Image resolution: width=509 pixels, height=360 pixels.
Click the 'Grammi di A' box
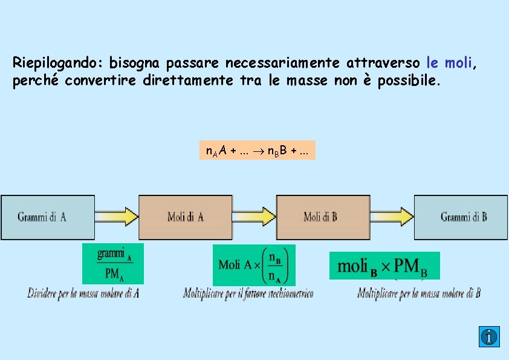pos(47,217)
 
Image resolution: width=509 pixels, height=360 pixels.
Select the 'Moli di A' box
pos(186,217)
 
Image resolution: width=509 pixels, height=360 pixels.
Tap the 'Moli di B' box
pos(322,217)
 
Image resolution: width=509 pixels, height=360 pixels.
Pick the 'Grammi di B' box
pos(461,217)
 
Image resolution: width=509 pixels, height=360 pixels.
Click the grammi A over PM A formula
pos(113,264)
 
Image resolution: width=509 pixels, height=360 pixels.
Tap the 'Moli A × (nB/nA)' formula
pos(254,265)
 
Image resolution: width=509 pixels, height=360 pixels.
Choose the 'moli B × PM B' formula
pos(384,266)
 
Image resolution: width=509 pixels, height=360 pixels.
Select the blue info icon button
pos(489,336)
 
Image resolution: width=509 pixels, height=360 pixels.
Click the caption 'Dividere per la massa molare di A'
pos(83,294)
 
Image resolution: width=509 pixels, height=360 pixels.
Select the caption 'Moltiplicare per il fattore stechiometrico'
pos(248,294)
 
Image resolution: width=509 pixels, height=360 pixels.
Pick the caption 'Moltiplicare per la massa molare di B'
pos(419,294)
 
